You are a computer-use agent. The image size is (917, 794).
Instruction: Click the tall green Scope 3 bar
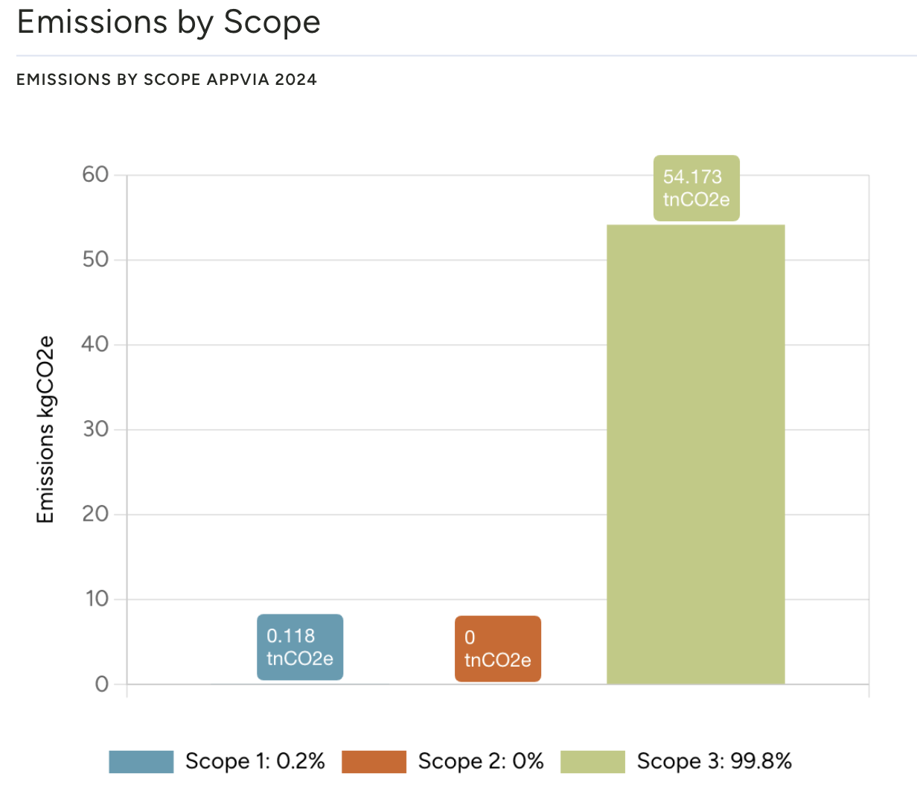coord(695,454)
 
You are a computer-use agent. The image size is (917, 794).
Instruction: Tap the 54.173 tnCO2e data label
coord(696,188)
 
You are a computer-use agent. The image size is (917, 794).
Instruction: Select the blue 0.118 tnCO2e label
coord(300,647)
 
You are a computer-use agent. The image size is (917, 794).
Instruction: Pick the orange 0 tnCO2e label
coord(497,649)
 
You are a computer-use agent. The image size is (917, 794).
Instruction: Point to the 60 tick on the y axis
coord(95,175)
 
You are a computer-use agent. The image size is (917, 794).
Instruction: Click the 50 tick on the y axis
coord(95,260)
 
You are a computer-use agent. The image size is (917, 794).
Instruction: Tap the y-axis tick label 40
coord(95,345)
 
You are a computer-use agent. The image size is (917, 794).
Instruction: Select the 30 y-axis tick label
coord(95,430)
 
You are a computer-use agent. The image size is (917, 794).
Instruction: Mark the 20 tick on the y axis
coord(95,514)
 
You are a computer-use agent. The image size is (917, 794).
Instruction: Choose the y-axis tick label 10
coord(97,599)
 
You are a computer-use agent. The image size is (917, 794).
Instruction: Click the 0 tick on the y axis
coord(102,685)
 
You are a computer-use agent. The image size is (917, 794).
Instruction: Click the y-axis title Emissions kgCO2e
coord(46,430)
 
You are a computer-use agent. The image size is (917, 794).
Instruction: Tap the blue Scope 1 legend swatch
coord(141,762)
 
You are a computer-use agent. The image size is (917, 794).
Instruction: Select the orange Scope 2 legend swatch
coord(374,762)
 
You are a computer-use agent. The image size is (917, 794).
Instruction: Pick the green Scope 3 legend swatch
coord(592,762)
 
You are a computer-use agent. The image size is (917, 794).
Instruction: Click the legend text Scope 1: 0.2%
coord(255,761)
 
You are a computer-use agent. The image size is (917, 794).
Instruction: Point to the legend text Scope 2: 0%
coord(481,761)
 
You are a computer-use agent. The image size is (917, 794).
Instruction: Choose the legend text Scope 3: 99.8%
coord(714,761)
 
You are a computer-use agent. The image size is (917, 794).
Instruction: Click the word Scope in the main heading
coord(272,22)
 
